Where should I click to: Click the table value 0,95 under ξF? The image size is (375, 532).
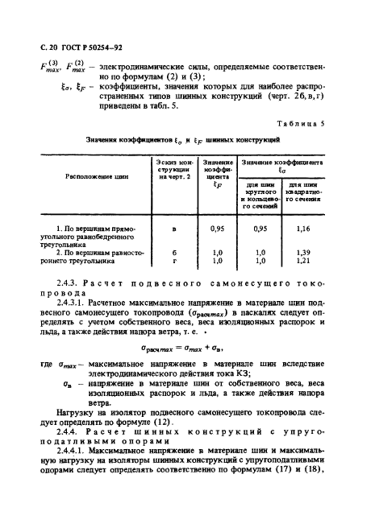pos(216,229)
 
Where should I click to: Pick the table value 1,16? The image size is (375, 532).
pos(303,229)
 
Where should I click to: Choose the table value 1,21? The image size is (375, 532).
pos(303,260)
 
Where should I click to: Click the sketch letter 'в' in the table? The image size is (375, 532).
pos(175,229)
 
